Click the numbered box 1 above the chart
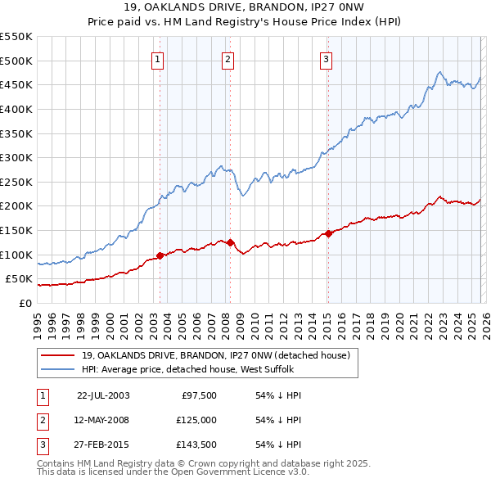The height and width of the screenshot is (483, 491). [157, 58]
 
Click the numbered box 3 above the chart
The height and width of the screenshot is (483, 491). [326, 58]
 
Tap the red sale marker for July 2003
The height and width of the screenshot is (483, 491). [160, 255]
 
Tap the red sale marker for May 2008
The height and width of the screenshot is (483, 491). [230, 242]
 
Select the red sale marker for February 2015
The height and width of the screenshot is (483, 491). [328, 233]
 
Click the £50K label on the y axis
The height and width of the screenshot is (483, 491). [20, 279]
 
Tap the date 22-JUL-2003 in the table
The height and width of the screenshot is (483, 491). [103, 395]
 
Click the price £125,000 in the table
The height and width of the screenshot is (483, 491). [196, 420]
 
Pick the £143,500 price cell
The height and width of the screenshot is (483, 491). [196, 445]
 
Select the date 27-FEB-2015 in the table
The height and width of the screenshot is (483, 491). [103, 445]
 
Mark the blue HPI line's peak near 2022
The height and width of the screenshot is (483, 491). [439, 72]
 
